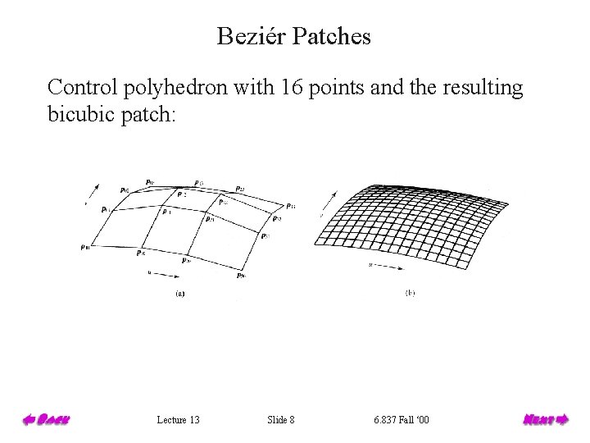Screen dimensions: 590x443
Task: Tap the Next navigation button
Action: [545, 420]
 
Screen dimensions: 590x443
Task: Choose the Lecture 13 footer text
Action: [178, 420]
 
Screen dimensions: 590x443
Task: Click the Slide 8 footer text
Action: [281, 420]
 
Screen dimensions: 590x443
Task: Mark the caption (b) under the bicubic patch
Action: [410, 292]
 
